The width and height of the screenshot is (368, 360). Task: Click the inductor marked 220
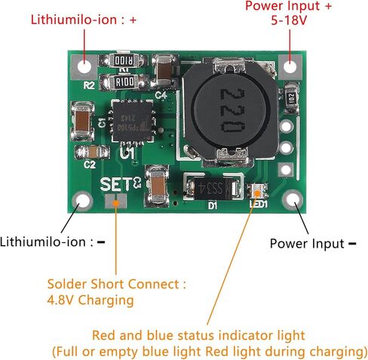point(229,112)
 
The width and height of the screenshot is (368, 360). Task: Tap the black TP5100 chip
point(133,121)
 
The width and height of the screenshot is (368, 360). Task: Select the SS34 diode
point(212,187)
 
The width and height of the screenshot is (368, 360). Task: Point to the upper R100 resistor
point(124,60)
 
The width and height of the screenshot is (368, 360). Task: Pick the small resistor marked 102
point(291,97)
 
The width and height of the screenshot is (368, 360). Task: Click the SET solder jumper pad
point(115,202)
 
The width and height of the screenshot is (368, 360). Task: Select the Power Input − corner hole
point(293,200)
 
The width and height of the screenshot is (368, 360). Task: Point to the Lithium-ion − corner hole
point(82,201)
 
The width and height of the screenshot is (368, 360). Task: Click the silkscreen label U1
point(127,153)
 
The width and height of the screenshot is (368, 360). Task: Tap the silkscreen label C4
point(161,95)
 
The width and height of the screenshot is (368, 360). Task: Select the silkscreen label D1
point(213,206)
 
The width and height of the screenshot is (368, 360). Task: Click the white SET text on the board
point(115,184)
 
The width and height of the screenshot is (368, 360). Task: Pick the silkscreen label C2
point(90,165)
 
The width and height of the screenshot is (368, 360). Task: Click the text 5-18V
point(289,20)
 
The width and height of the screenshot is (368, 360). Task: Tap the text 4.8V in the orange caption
point(60,300)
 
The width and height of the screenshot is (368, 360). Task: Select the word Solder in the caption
point(66,285)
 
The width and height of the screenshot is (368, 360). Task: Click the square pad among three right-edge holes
point(286,170)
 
